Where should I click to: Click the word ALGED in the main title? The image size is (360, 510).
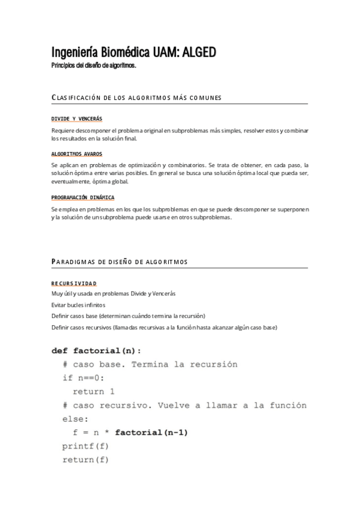(x=194, y=53)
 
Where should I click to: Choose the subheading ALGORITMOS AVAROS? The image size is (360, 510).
(x=77, y=154)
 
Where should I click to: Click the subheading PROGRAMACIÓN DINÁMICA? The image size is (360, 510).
(x=83, y=197)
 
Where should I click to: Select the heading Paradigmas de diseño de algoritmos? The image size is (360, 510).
(x=120, y=262)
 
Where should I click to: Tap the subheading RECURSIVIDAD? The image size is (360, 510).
(x=74, y=283)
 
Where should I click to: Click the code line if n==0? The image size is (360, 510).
(x=84, y=378)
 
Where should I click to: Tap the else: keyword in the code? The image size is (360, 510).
(x=75, y=419)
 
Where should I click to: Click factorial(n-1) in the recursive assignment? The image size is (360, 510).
(x=155, y=432)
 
